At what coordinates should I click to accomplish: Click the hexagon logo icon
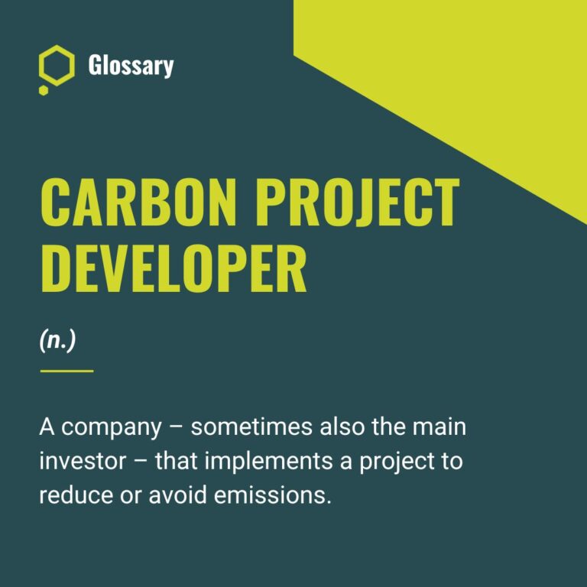click(57, 67)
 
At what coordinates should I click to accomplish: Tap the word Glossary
click(131, 66)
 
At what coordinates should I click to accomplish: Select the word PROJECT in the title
click(358, 201)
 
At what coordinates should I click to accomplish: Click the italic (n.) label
click(57, 341)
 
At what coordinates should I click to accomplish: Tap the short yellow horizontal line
click(66, 371)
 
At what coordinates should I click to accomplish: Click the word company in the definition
click(112, 428)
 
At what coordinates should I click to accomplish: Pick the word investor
click(75, 461)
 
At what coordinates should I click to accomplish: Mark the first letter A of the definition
click(47, 426)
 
